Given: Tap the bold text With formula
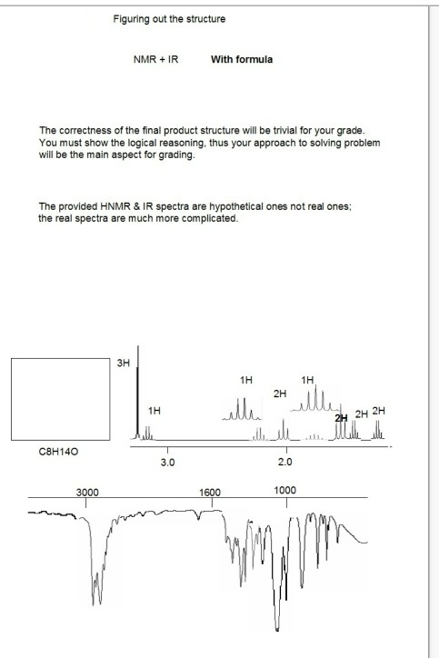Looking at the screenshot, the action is click(x=241, y=60).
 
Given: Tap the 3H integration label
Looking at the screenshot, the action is click(x=124, y=364).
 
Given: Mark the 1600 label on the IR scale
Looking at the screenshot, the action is click(x=210, y=491).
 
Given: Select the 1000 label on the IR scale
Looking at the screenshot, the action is click(x=284, y=491).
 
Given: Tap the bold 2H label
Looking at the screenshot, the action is click(x=342, y=416).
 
